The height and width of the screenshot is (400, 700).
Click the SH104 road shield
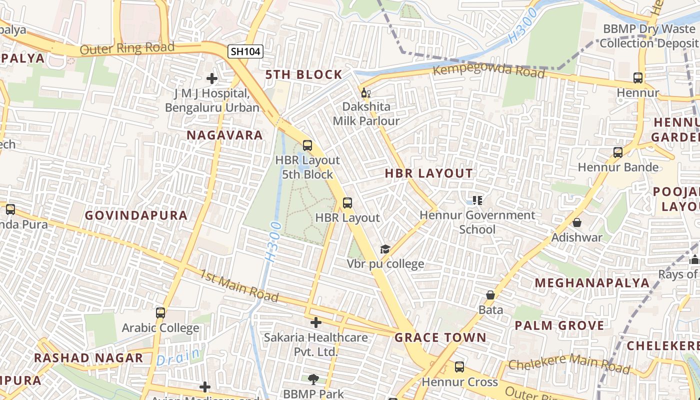[245, 51]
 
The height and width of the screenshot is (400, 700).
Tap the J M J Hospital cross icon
[212, 78]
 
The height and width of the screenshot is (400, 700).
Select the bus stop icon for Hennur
[638, 77]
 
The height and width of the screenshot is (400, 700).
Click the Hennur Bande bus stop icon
[618, 152]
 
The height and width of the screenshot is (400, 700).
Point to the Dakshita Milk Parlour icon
[366, 92]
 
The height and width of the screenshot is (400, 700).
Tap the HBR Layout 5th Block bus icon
[307, 145]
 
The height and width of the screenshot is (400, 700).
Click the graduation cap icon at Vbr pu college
[385, 249]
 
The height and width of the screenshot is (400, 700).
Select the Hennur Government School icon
[477, 200]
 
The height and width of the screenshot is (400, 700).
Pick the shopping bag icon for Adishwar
[577, 222]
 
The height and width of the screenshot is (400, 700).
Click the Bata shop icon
[490, 295]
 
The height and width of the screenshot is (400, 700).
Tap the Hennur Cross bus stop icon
[459, 367]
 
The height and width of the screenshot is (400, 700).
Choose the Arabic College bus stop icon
[160, 313]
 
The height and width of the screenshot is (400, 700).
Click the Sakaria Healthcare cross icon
[315, 322]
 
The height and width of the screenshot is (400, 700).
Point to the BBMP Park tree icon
[313, 379]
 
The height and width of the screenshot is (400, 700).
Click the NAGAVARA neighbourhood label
[224, 135]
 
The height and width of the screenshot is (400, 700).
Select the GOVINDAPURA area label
[136, 215]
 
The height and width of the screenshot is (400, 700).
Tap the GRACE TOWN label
[440, 337]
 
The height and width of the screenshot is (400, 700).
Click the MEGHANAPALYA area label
[592, 283]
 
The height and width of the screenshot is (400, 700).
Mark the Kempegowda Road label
[488, 70]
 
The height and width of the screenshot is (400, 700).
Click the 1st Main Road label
[239, 286]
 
